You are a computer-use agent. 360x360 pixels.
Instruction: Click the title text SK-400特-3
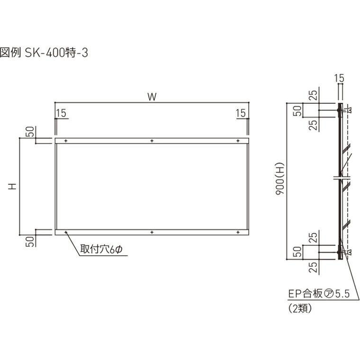coord(56,53)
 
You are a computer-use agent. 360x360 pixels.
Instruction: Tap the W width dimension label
coord(152,97)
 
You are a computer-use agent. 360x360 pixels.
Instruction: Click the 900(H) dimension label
coord(280,179)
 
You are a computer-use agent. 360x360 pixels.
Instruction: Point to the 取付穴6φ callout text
coord(101,249)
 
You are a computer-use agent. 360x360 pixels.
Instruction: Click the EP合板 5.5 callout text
coord(319,294)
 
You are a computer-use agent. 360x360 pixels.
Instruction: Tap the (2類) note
coord(300,308)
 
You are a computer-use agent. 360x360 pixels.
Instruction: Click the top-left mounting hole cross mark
coord(66,141)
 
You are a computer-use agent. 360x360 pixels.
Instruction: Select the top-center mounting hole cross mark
coord(152,141)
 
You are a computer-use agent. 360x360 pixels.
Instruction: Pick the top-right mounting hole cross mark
coord(238,141)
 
